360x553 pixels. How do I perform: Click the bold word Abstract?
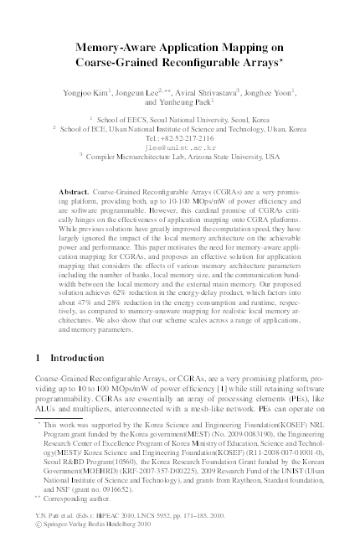click(76, 192)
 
